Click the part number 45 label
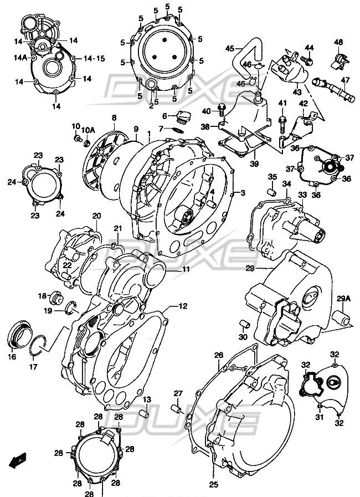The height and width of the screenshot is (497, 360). pyautogui.click(x=229, y=49)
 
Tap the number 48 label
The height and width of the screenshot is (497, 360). pyautogui.click(x=338, y=43)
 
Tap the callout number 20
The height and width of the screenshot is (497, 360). pyautogui.click(x=97, y=216)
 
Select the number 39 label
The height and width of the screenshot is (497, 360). pyautogui.click(x=253, y=164)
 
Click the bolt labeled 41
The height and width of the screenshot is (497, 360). pyautogui.click(x=282, y=118)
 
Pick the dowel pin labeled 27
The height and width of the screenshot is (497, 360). pyautogui.click(x=177, y=409)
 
